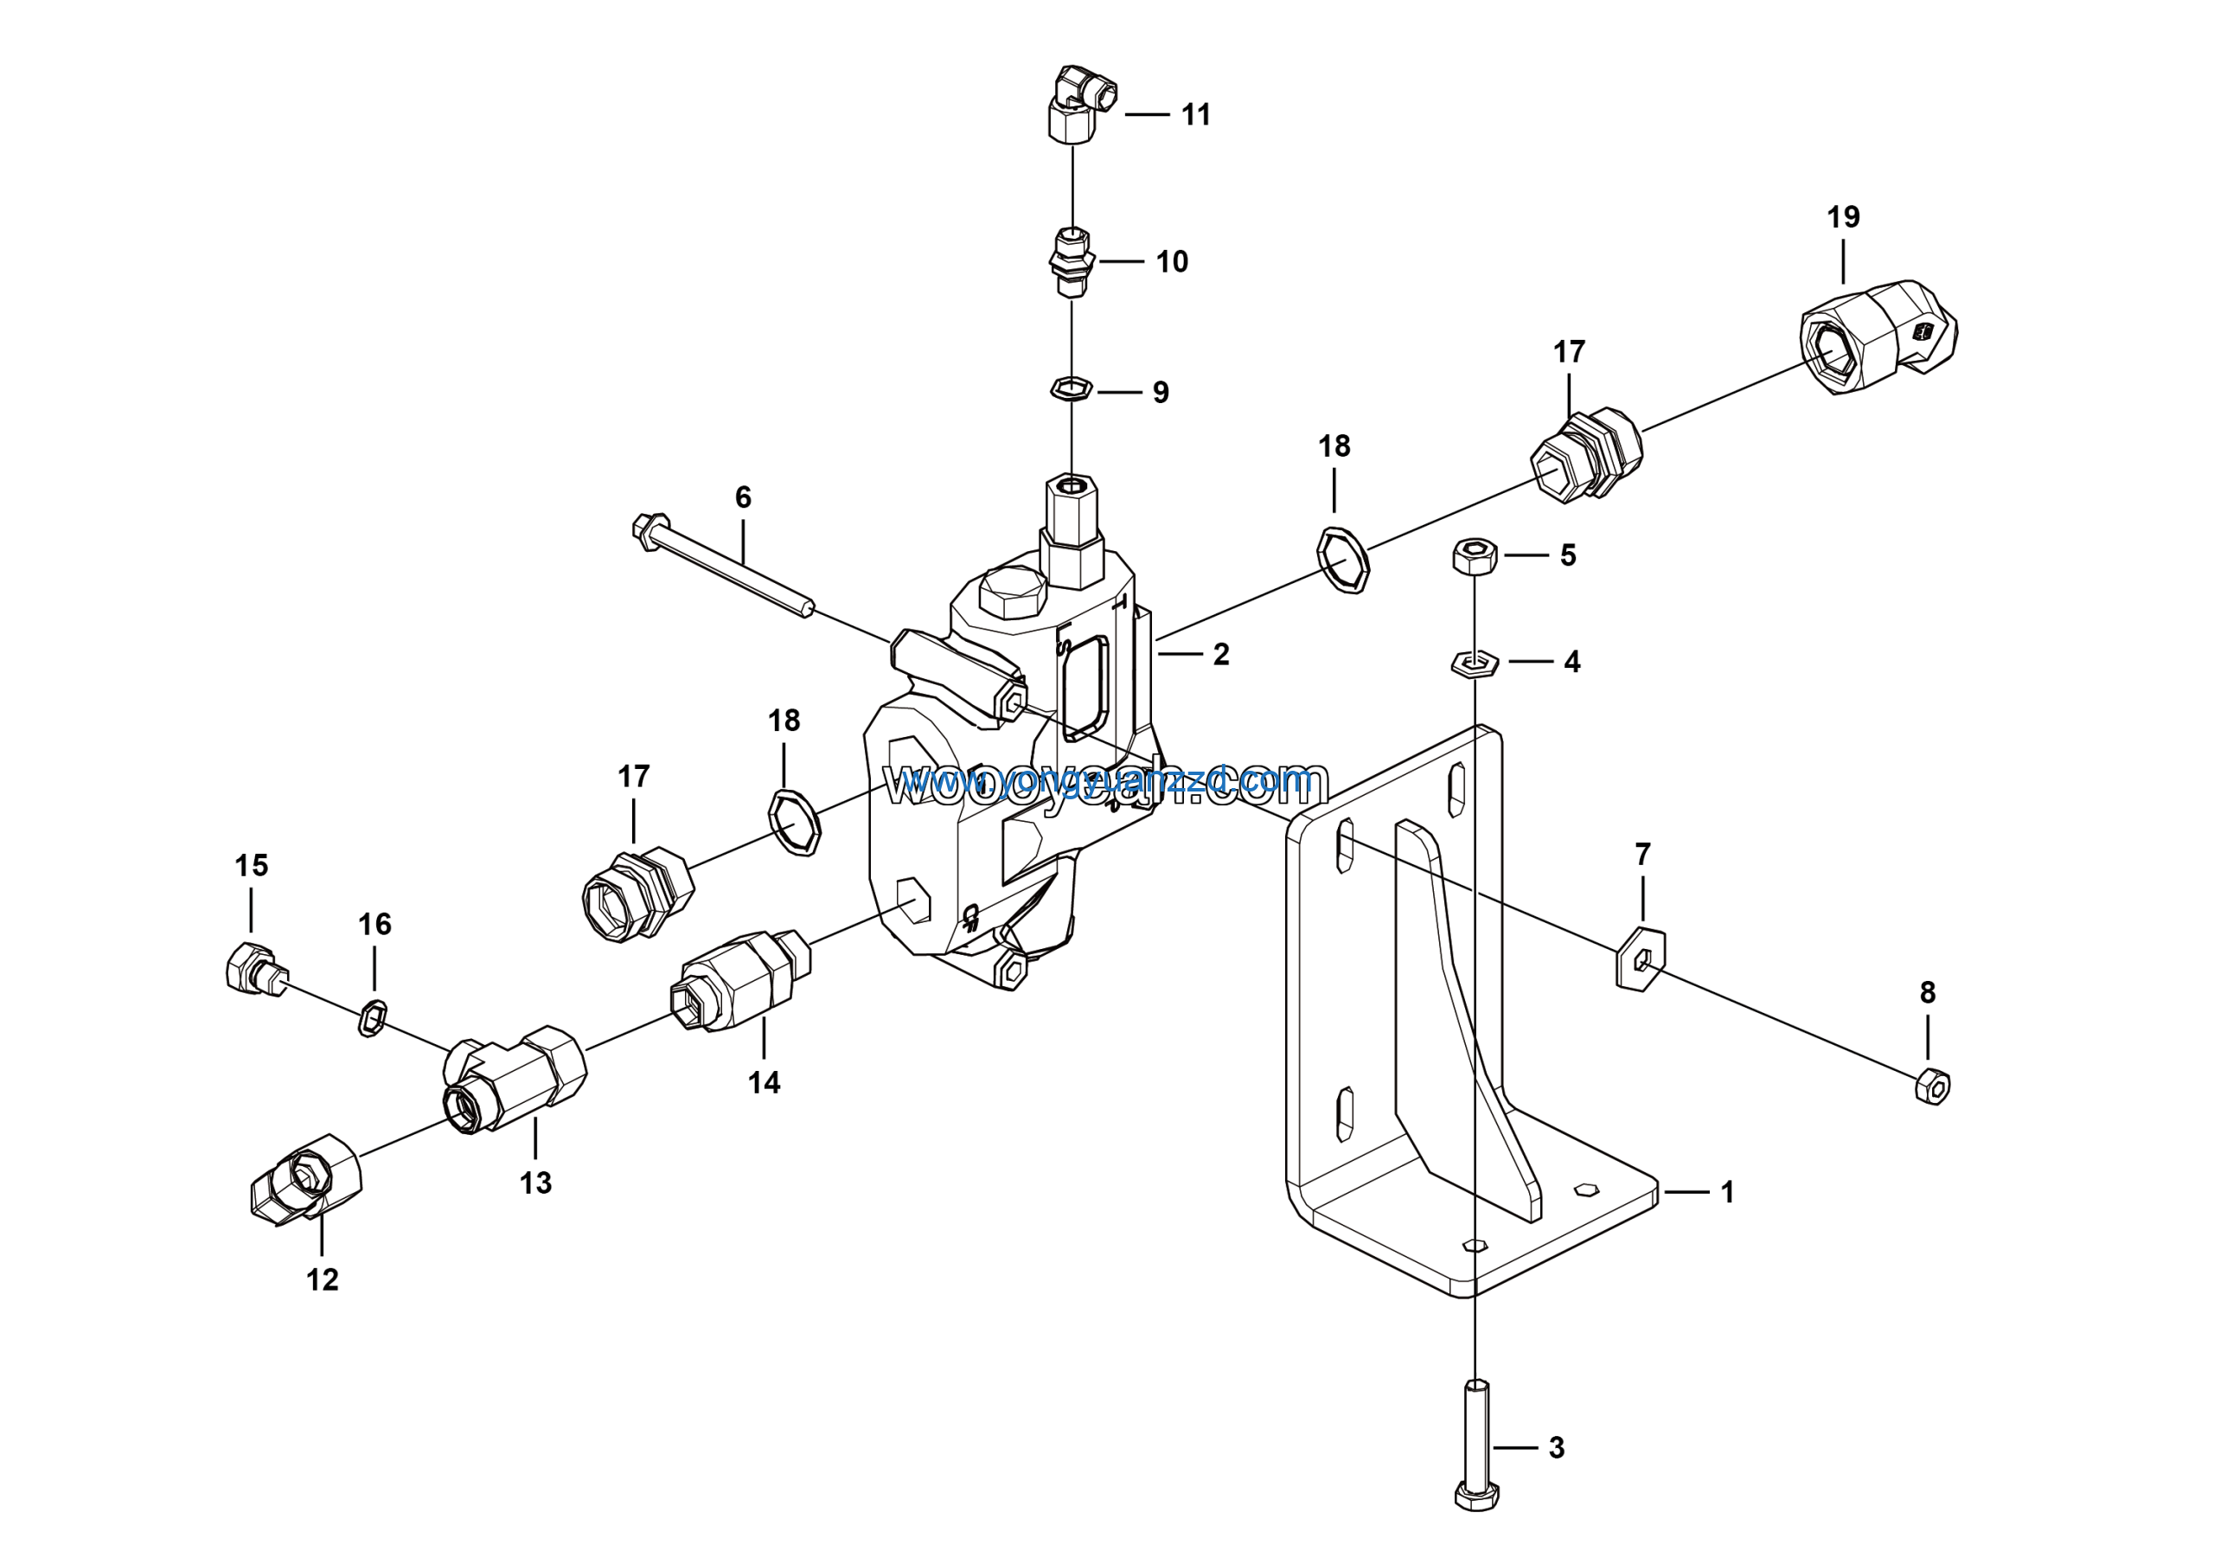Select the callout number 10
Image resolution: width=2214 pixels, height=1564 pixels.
(x=1172, y=261)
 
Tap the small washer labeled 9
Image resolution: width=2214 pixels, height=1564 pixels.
(x=1071, y=388)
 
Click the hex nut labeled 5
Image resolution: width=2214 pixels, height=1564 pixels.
(x=1475, y=555)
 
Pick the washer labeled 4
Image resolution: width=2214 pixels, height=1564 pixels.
(x=1475, y=663)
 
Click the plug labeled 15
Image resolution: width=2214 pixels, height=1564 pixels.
(x=253, y=968)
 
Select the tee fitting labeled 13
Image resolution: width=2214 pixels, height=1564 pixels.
(x=516, y=1078)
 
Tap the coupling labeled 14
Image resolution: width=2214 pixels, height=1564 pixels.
(x=740, y=981)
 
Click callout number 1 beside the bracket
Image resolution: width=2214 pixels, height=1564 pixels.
(x=1727, y=1193)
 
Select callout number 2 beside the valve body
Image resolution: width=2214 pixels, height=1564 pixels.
(x=1221, y=655)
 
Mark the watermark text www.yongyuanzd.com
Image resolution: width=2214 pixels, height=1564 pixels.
(x=1105, y=784)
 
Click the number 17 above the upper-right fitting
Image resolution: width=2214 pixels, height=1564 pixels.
(x=1569, y=352)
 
